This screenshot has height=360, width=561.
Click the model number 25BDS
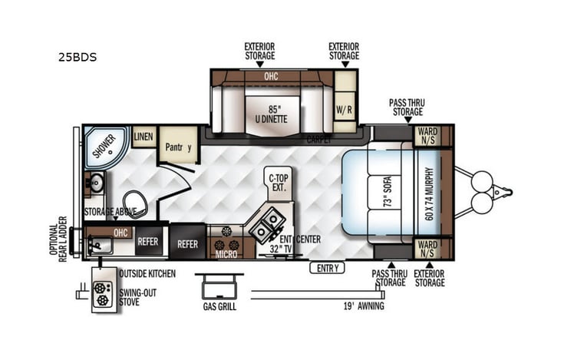tap(76, 57)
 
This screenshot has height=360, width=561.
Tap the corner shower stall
tap(104, 146)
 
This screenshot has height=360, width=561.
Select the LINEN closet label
tap(143, 137)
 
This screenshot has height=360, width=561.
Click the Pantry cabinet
tap(179, 147)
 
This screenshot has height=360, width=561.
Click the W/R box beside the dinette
tap(344, 108)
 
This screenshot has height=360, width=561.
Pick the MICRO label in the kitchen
tap(226, 254)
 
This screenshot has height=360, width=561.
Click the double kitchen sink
tap(271, 223)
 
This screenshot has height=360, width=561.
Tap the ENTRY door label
tap(325, 267)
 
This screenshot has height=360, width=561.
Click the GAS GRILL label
tap(219, 306)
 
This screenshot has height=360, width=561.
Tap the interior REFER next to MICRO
tap(188, 244)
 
